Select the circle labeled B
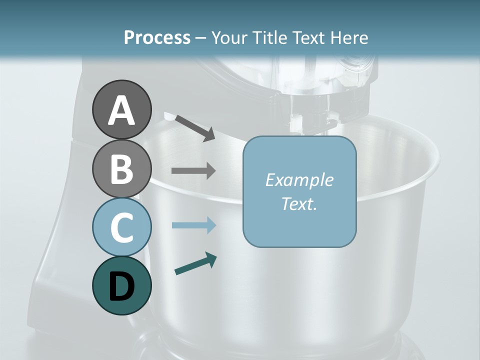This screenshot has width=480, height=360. (121, 168)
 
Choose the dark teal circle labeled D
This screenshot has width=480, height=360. (121, 285)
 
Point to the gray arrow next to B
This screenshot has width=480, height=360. (193, 170)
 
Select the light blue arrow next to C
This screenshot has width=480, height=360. (193, 225)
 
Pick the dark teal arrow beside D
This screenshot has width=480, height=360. (195, 263)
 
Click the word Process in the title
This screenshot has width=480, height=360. (157, 38)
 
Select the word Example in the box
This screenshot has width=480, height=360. (299, 180)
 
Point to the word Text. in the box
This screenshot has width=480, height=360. (299, 203)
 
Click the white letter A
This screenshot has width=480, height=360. (122, 110)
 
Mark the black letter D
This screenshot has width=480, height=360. (122, 286)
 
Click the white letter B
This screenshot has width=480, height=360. (122, 169)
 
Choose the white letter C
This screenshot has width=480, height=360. (122, 227)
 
